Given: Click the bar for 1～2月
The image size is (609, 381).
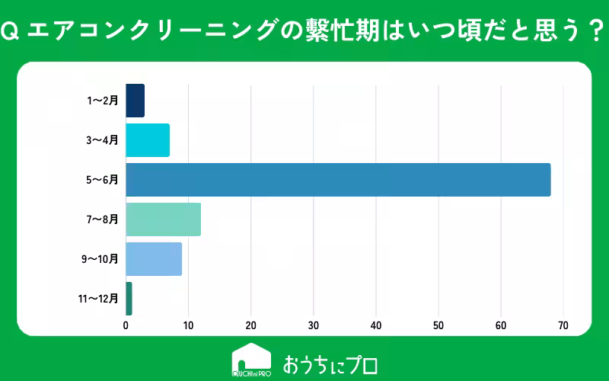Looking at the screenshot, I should [x=135, y=101].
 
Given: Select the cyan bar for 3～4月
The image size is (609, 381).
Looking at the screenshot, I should [x=148, y=140].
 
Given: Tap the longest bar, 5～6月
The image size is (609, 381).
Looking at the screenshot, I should [x=338, y=180].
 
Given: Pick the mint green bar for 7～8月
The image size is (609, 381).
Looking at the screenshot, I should [x=163, y=219].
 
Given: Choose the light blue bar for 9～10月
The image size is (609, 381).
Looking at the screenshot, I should [x=154, y=259].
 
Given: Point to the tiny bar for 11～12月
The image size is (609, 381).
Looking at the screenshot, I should [x=129, y=299].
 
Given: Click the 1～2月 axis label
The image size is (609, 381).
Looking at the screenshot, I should [x=103, y=101].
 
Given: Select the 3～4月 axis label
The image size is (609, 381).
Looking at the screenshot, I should [x=103, y=140].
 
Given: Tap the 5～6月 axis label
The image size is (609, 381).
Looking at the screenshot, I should [x=103, y=180].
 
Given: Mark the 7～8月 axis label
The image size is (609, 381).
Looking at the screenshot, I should [x=103, y=219].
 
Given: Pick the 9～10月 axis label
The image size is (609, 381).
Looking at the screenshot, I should [x=100, y=259].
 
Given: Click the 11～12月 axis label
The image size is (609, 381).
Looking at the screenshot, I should [x=97, y=299].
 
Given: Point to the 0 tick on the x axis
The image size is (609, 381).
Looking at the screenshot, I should [x=126, y=325].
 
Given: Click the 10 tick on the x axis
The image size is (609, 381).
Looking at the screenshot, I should [x=188, y=325].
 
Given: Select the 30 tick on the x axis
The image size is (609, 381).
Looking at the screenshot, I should [x=313, y=325].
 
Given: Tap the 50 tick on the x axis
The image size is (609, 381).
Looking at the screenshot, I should [x=438, y=325].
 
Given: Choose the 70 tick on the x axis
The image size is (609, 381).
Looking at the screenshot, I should [x=563, y=325].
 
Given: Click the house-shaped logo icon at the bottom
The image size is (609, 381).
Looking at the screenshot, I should [x=251, y=360].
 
